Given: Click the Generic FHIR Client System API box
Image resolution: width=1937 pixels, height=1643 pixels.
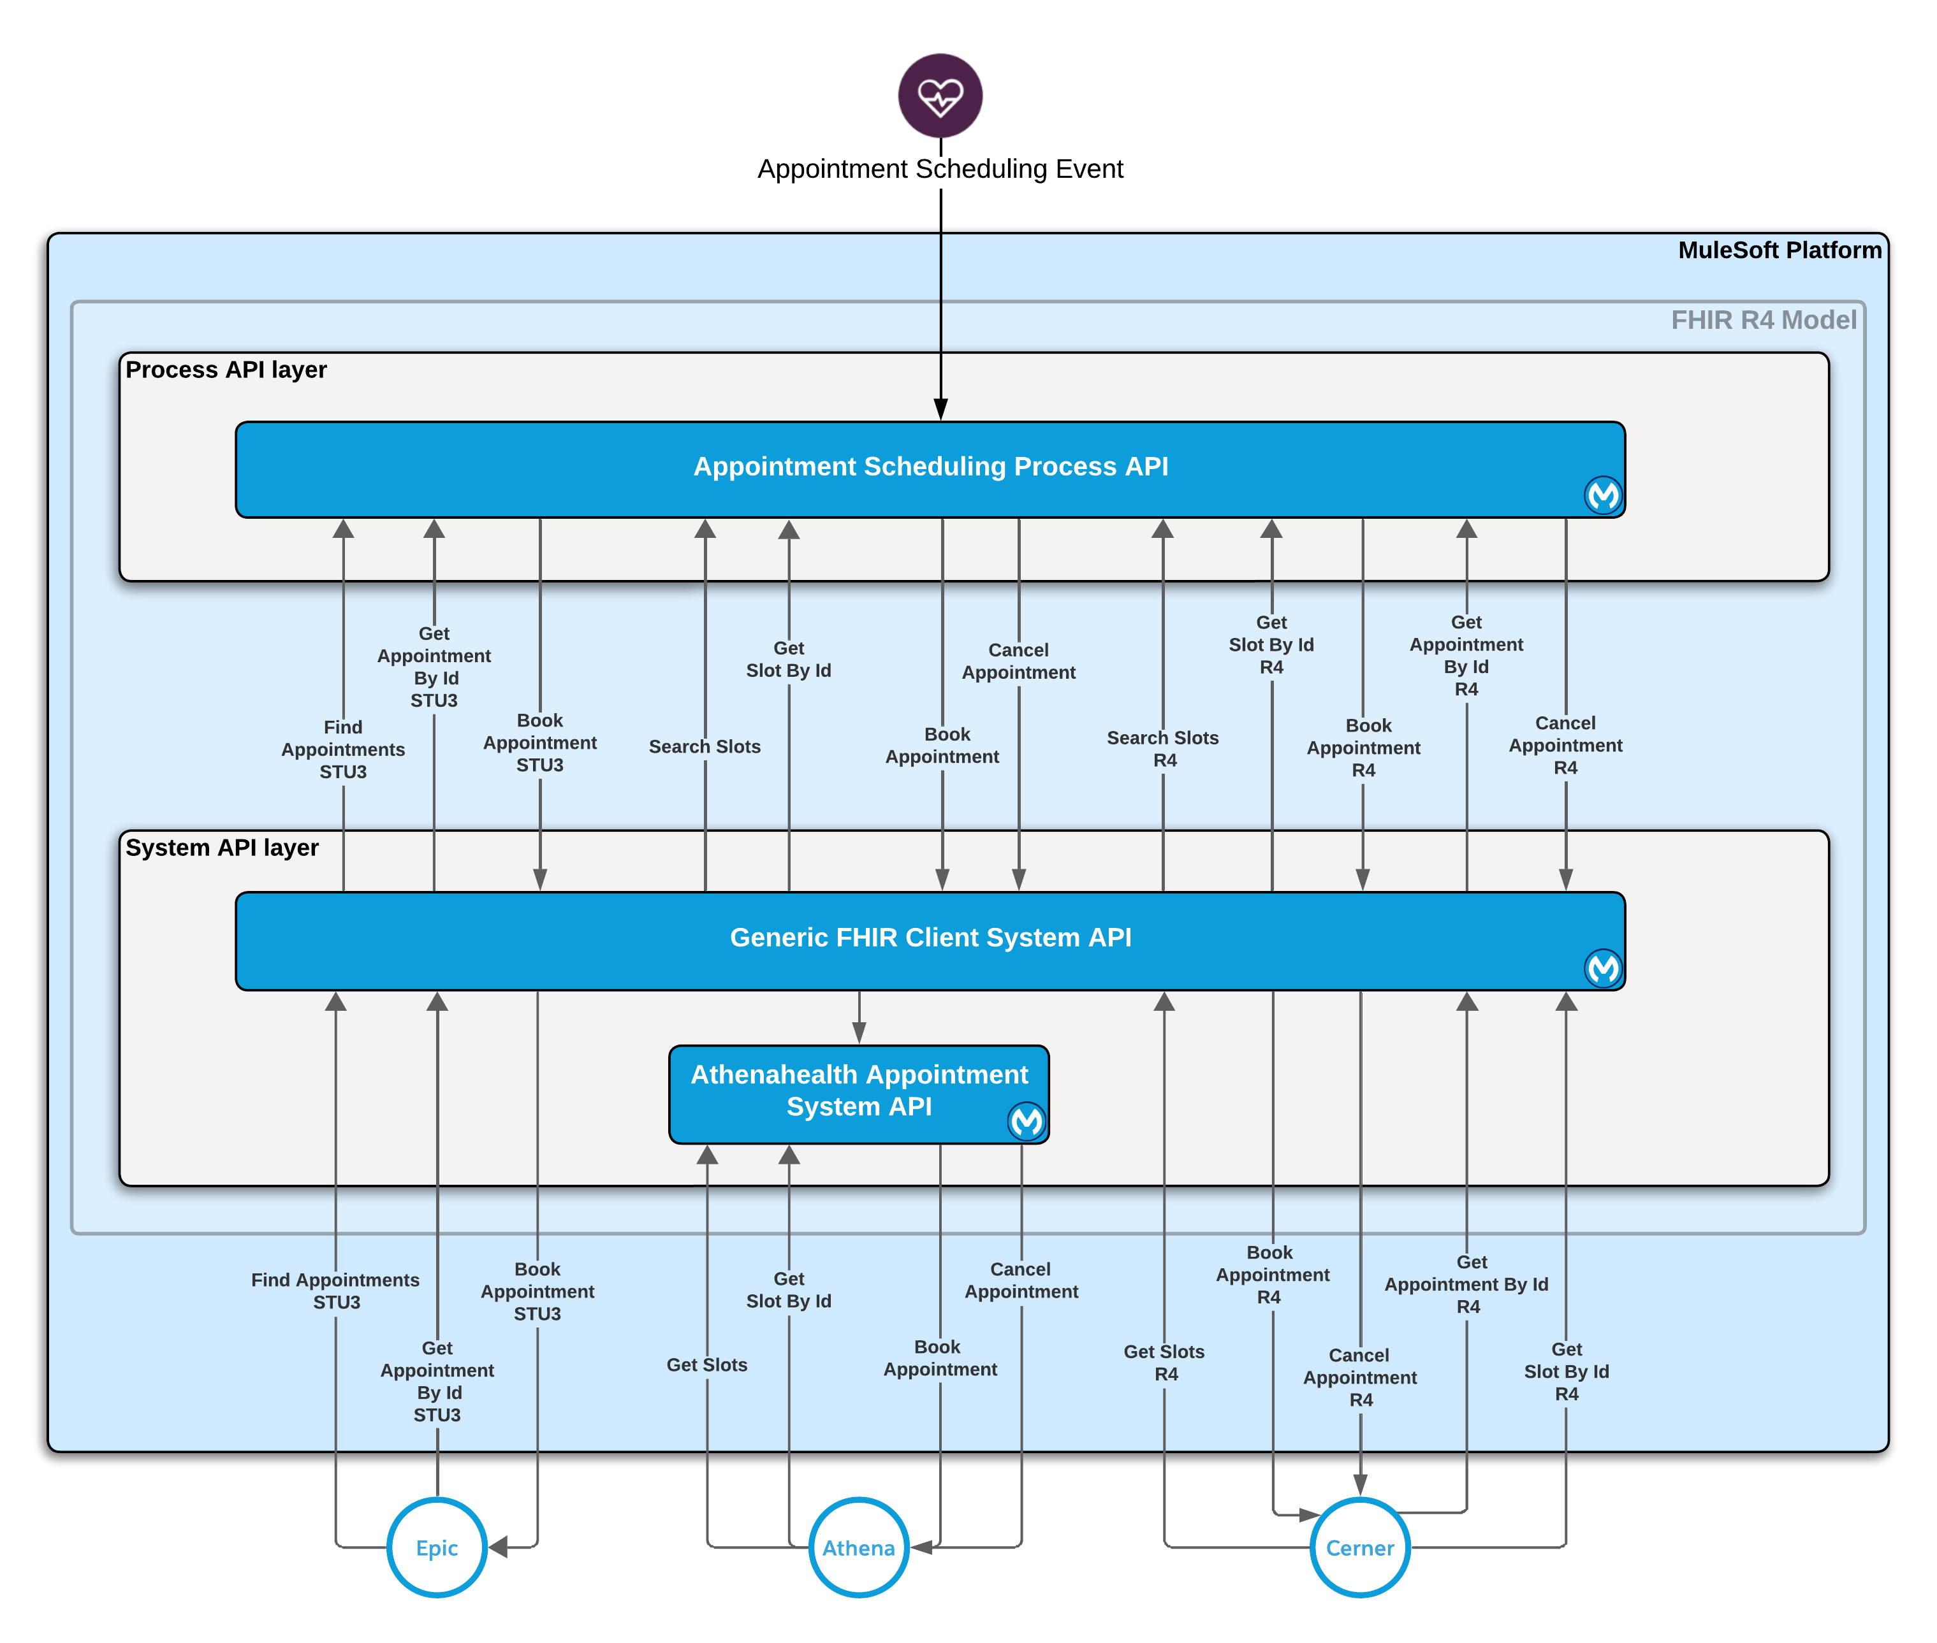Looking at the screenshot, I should click(x=930, y=939).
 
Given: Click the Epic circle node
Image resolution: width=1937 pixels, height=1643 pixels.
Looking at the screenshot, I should click(x=437, y=1548).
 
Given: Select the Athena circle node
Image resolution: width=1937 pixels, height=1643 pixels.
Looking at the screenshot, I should click(x=858, y=1548).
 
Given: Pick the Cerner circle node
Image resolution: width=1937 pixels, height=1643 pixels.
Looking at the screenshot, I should click(x=1359, y=1548).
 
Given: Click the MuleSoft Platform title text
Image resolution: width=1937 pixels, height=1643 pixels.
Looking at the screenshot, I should click(x=1779, y=250).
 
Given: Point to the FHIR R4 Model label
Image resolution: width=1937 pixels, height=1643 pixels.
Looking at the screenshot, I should click(x=1763, y=321).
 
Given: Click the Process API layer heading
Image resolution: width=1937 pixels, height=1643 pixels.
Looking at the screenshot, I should click(x=226, y=370).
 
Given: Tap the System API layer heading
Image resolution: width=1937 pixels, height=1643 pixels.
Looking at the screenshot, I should click(x=223, y=848).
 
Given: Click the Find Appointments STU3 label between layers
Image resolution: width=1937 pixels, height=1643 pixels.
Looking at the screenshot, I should click(x=343, y=749).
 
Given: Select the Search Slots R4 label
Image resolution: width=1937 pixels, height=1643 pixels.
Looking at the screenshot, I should click(x=1163, y=749).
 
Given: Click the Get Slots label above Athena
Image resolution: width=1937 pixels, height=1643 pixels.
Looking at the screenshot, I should click(x=707, y=1364).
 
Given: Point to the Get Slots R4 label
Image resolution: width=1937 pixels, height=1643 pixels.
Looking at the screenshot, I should click(x=1165, y=1363).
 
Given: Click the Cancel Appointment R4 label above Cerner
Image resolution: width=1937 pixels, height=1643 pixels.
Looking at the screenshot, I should click(x=1360, y=1377).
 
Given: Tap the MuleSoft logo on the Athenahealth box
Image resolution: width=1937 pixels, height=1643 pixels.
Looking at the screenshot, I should click(x=1027, y=1122).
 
